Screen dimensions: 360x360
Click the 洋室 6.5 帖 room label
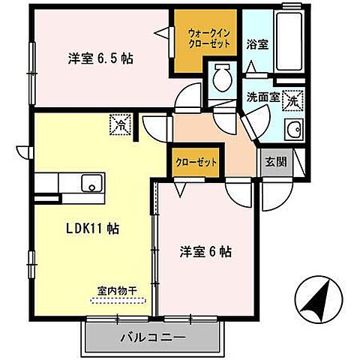coord(100,58)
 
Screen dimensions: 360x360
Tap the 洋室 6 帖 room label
coord(205,252)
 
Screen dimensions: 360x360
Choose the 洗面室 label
coord(263,97)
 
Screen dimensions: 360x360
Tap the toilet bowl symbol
coord(223,76)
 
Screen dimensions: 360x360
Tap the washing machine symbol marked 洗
coord(295,97)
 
